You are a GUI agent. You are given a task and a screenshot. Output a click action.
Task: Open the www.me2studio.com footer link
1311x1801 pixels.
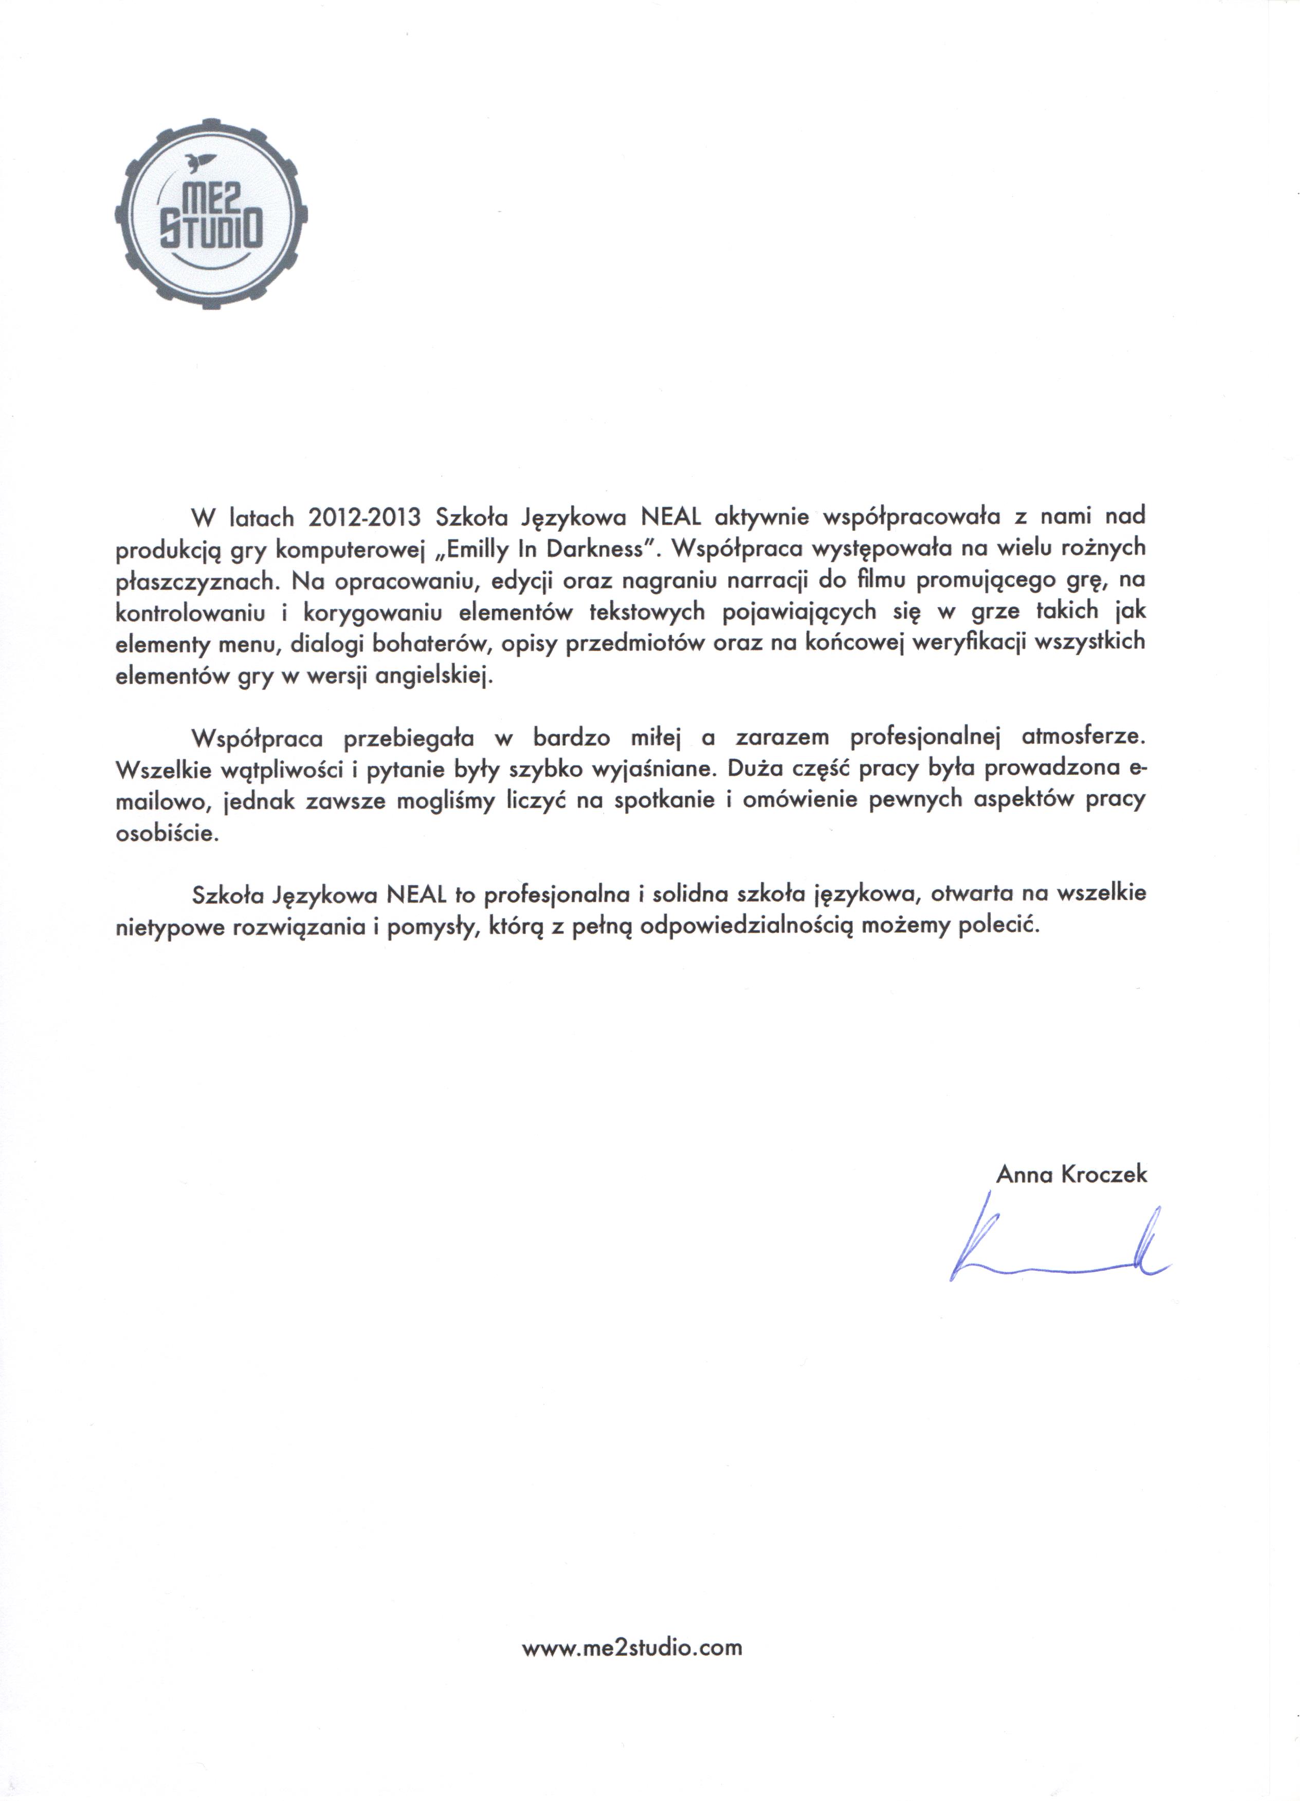(x=632, y=1648)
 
